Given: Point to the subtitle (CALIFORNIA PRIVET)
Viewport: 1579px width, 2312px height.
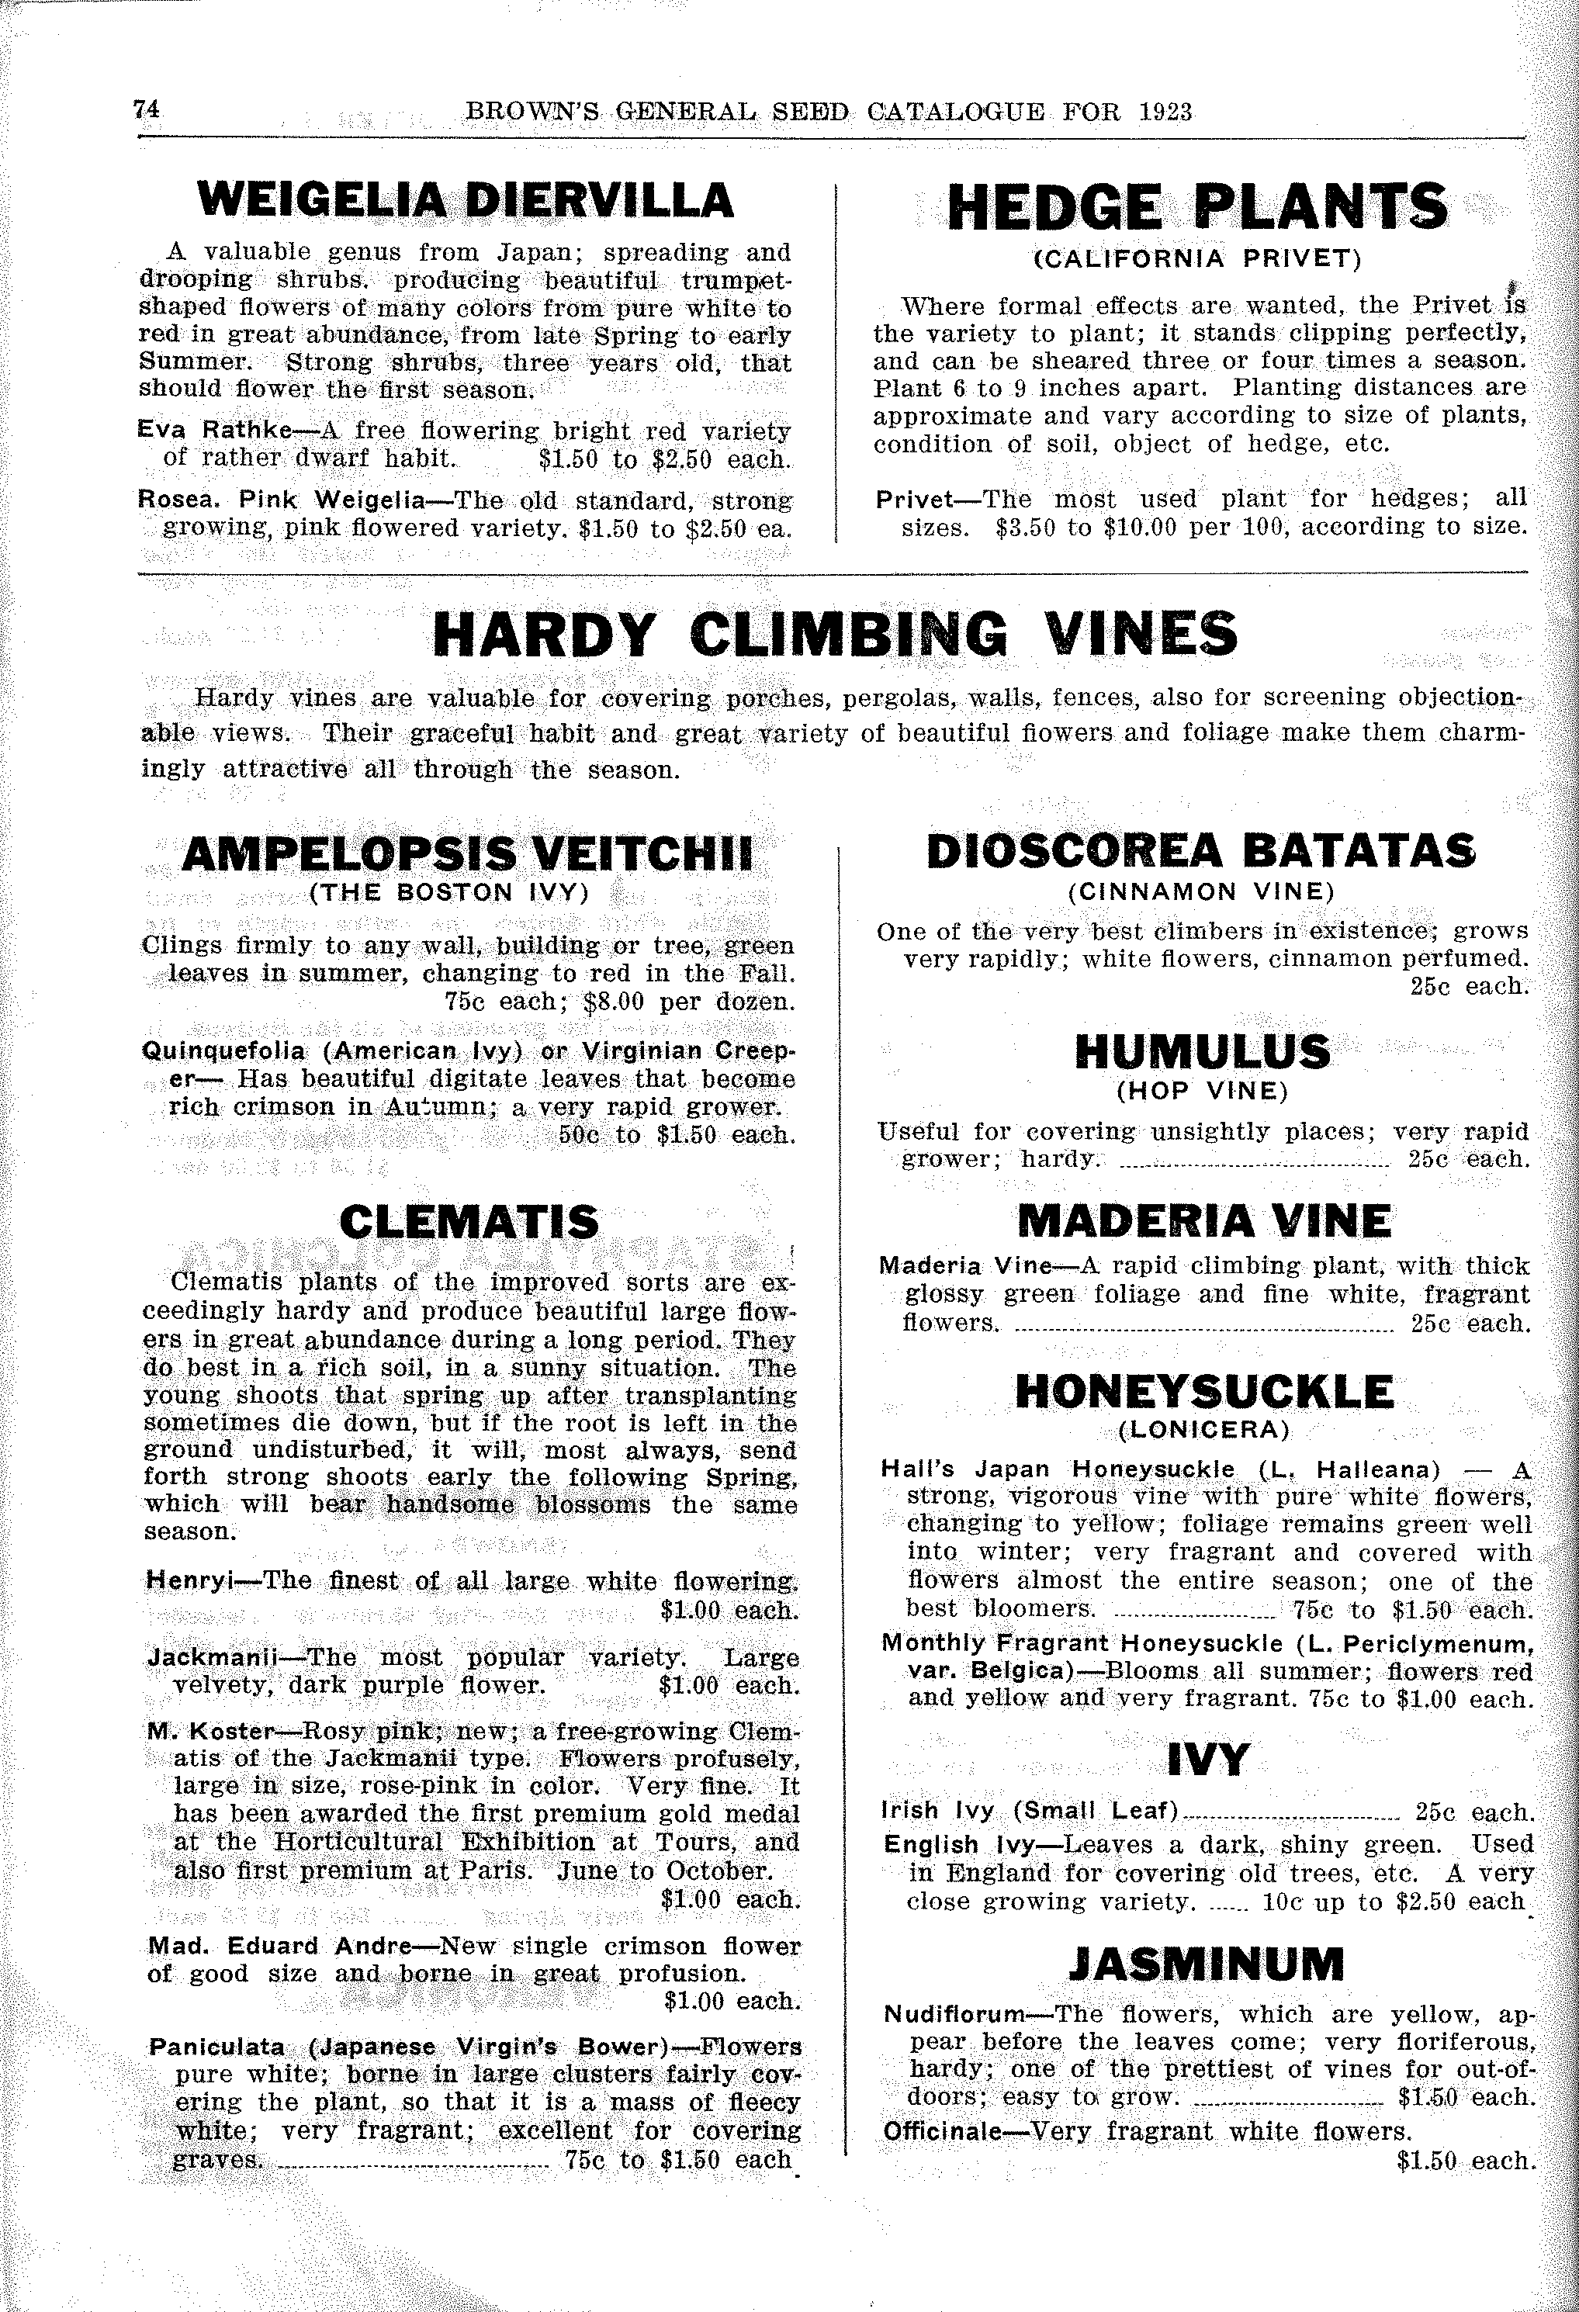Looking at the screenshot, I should point(1197,260).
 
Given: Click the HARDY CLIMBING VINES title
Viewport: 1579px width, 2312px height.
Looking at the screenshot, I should point(835,634).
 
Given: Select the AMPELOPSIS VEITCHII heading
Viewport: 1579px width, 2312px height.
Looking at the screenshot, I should point(466,853).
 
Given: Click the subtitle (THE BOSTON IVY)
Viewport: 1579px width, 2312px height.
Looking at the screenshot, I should point(451,892).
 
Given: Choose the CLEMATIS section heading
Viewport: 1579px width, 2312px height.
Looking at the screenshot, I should point(469,1223).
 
